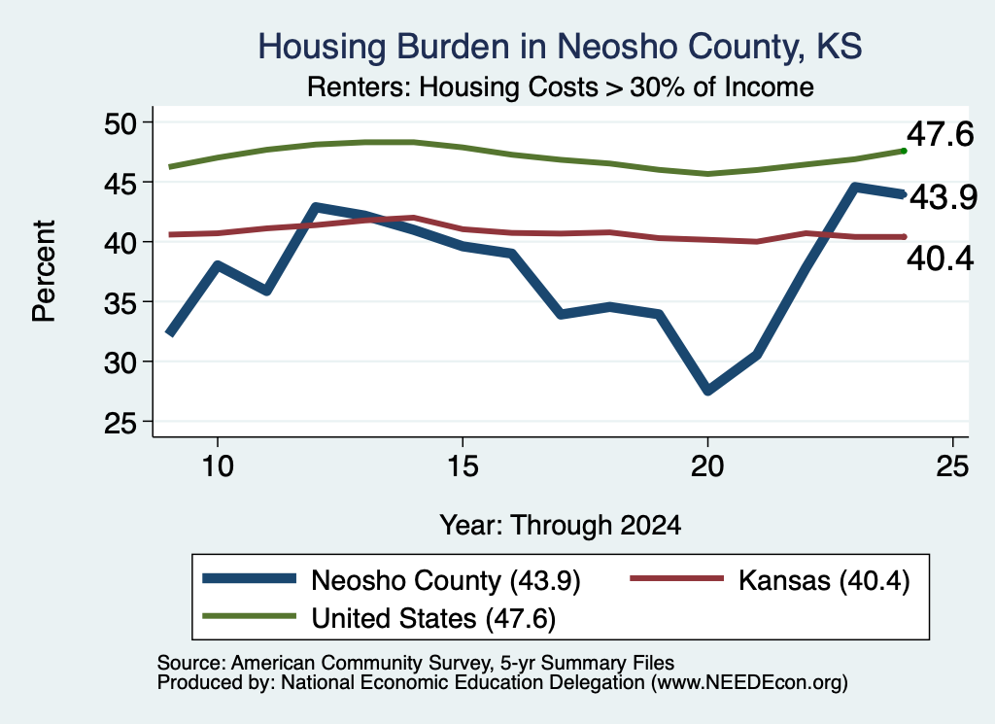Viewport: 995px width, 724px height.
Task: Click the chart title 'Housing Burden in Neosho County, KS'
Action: [560, 47]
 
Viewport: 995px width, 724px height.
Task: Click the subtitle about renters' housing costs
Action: [561, 86]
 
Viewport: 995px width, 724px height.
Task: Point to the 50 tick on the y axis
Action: [120, 122]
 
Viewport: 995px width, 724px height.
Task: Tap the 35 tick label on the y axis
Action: [120, 302]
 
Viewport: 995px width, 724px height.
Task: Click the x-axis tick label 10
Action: [218, 466]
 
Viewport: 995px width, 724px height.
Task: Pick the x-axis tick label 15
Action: [463, 466]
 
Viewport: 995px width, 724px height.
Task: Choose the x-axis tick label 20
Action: [707, 466]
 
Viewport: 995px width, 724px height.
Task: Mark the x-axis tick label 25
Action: [952, 466]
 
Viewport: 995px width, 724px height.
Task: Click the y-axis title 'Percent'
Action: [44, 271]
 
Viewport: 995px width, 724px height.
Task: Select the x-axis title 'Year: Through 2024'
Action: [561, 526]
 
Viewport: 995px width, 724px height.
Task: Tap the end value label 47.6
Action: [940, 134]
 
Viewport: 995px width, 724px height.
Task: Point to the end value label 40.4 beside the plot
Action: [940, 259]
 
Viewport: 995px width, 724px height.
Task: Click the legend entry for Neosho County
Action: [392, 580]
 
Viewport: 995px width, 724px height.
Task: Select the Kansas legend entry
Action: [770, 580]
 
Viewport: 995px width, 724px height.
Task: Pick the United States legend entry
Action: [379, 618]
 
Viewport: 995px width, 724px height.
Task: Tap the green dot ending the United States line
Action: [904, 151]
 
